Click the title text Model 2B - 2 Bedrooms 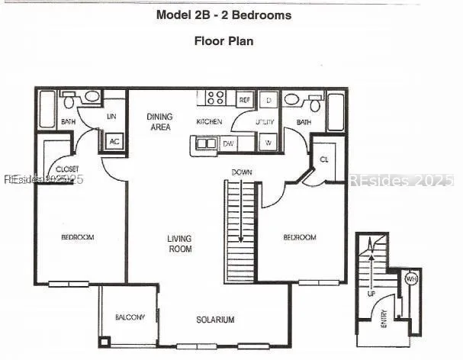(223, 15)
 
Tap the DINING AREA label (159, 121)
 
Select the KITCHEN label (209, 122)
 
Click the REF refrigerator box (245, 100)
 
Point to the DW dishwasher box (228, 143)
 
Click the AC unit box (114, 142)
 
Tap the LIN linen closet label (111, 117)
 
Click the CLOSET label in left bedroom (68, 169)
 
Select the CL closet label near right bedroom (323, 159)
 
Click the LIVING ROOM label (180, 243)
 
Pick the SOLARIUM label (215, 320)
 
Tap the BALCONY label (130, 317)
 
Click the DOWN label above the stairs (243, 172)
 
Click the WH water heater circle (411, 279)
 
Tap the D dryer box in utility (269, 100)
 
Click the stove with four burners (216, 98)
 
